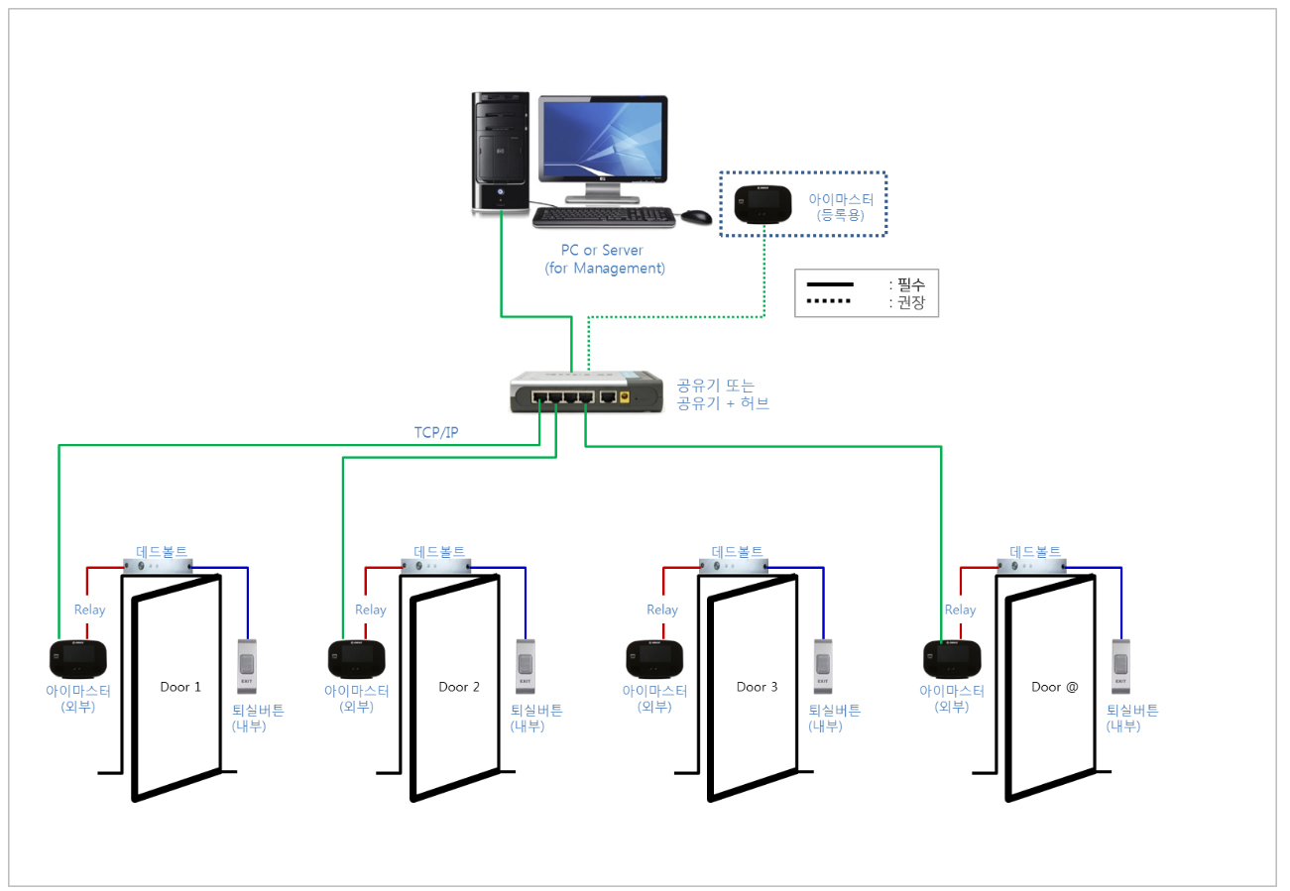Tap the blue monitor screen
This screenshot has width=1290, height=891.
point(603,140)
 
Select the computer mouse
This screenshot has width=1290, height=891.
point(697,217)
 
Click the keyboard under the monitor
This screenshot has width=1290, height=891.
point(604,218)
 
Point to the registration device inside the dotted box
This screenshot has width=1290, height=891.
point(763,204)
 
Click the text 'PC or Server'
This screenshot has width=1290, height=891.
point(602,251)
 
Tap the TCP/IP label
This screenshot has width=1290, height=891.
point(436,432)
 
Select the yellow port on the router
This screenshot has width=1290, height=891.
point(625,397)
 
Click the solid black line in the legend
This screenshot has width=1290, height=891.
point(830,284)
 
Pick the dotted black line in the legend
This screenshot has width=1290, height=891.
point(828,301)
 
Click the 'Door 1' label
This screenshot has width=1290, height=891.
point(180,687)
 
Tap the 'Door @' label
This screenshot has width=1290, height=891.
point(1054,687)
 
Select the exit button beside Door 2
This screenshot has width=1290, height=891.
point(526,666)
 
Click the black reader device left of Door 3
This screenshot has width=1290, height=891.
point(654,659)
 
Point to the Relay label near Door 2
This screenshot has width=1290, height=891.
point(370,610)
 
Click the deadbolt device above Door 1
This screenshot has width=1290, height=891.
point(158,566)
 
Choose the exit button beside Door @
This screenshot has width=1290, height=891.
point(1120,666)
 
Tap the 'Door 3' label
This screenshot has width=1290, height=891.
point(757,687)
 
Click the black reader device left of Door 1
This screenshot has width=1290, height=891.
point(77,659)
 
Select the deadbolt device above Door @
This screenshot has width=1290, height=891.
point(1032,566)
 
